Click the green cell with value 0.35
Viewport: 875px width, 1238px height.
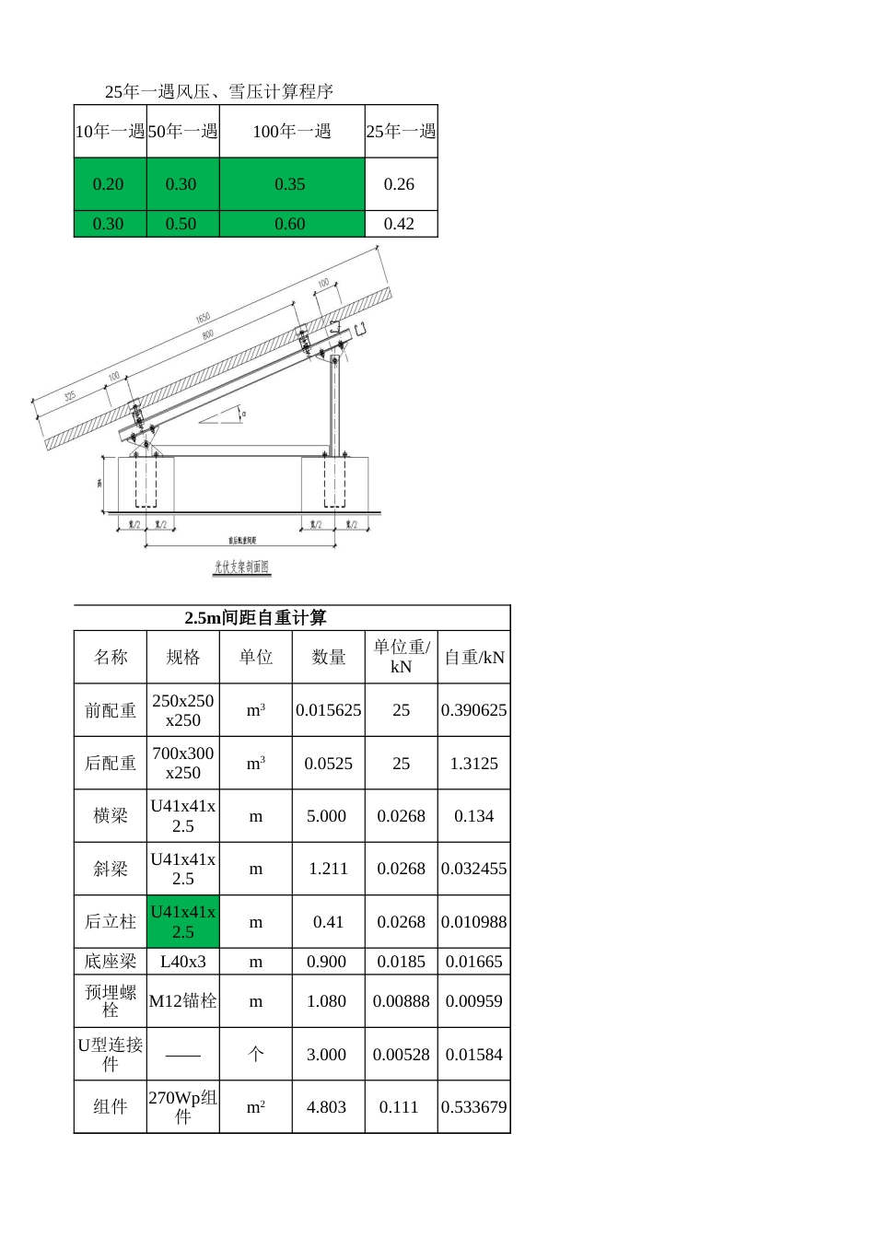point(291,184)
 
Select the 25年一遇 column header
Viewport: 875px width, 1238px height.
point(401,132)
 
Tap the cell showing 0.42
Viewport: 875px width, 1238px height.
point(400,224)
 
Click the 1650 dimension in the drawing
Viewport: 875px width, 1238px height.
point(203,319)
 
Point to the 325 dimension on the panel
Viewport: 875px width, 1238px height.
point(70,396)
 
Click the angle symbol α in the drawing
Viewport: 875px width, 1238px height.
point(243,415)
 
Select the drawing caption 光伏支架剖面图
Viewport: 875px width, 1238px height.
point(241,567)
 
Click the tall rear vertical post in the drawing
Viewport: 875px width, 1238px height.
point(335,405)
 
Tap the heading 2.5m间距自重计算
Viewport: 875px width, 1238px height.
point(255,618)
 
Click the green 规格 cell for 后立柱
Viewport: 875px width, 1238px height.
point(182,922)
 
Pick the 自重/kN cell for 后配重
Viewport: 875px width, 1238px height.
point(473,764)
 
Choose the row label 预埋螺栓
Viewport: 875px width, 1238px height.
point(111,1001)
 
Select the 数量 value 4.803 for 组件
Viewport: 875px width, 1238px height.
point(327,1107)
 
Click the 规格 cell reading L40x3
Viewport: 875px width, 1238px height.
point(182,962)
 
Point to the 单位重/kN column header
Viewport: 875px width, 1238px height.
point(401,657)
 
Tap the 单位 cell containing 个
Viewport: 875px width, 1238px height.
point(255,1055)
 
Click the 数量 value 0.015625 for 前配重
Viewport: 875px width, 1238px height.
point(328,710)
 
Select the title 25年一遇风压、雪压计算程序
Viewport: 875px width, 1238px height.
point(218,91)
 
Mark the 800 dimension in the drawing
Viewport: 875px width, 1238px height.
point(208,334)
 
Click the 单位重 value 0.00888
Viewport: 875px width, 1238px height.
point(401,1001)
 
